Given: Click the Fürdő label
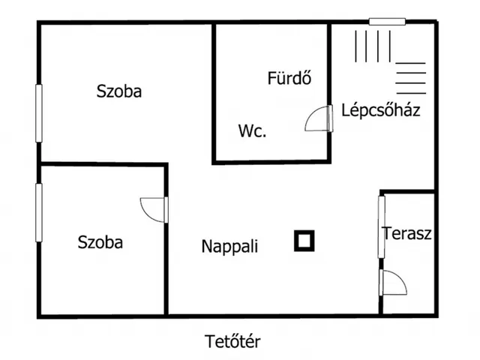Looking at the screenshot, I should (289, 77).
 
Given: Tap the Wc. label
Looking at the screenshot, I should (253, 131).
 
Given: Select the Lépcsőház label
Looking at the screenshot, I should (380, 110).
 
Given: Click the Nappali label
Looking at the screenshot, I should (229, 245).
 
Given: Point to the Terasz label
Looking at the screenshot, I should (406, 232).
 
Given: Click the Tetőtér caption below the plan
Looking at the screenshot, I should (232, 342).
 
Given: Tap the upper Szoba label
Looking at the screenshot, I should (119, 91).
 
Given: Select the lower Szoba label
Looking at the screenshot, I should (100, 242).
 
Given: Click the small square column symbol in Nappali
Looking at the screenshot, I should (304, 241).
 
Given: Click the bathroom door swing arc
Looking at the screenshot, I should (318, 119).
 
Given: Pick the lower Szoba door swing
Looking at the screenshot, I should (154, 210).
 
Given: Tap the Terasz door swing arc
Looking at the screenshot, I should (393, 283).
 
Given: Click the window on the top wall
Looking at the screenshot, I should (387, 22).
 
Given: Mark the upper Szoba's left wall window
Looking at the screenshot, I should (39, 112).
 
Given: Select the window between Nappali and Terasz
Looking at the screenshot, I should (381, 226).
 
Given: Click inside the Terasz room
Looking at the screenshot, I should (409, 259).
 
